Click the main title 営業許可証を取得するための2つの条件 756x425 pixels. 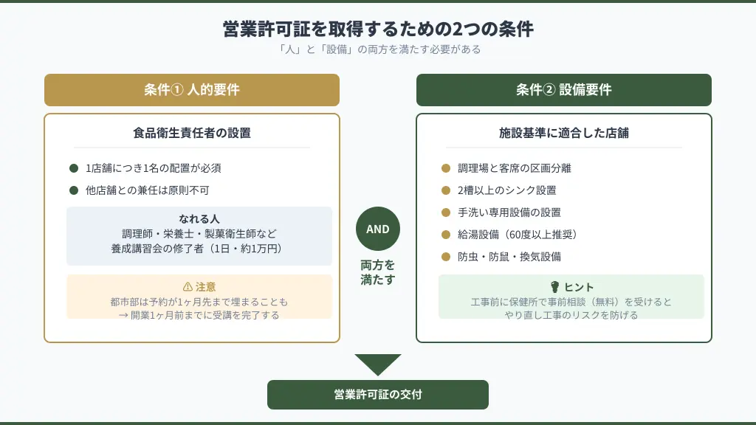click(378, 29)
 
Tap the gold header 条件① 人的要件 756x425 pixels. click(192, 90)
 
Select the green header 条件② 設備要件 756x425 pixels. click(564, 90)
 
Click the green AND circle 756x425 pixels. click(378, 229)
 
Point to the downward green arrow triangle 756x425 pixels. click(378, 364)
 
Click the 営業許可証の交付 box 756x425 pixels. click(378, 395)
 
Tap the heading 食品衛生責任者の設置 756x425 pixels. click(192, 134)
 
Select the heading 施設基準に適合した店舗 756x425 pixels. click(564, 134)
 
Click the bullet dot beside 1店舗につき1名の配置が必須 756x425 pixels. click(74, 168)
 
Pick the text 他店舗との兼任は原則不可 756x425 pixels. click(148, 190)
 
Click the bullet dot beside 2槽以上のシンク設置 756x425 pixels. click(446, 190)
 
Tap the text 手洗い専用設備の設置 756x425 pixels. click(509, 212)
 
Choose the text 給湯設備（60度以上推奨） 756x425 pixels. click(517, 235)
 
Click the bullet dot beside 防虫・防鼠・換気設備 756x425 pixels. click(446, 257)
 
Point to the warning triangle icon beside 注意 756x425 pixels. click(187, 287)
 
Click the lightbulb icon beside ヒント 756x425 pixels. click(554, 287)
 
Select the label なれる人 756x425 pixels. click(199, 219)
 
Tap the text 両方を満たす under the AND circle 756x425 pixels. click(378, 272)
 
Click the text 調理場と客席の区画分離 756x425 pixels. click(515, 168)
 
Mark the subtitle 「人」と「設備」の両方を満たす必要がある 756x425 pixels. click(378, 49)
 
